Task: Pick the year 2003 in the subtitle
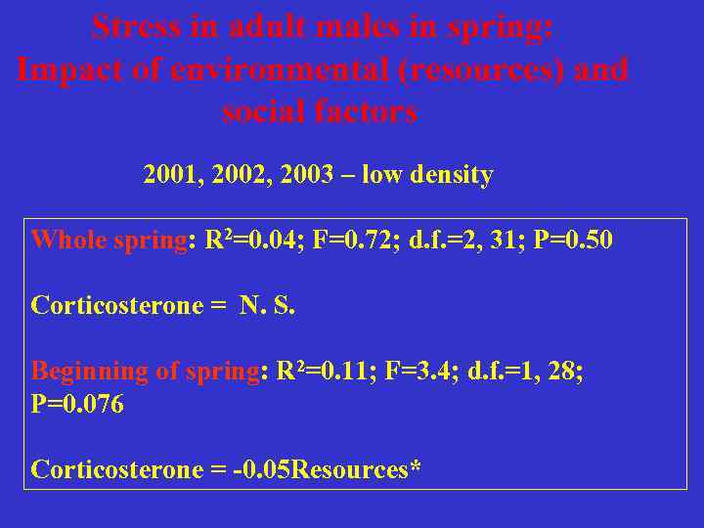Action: pos(306,176)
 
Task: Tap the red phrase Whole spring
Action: pos(109,241)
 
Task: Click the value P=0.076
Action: pos(77,405)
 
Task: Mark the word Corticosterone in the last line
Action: pos(116,470)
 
